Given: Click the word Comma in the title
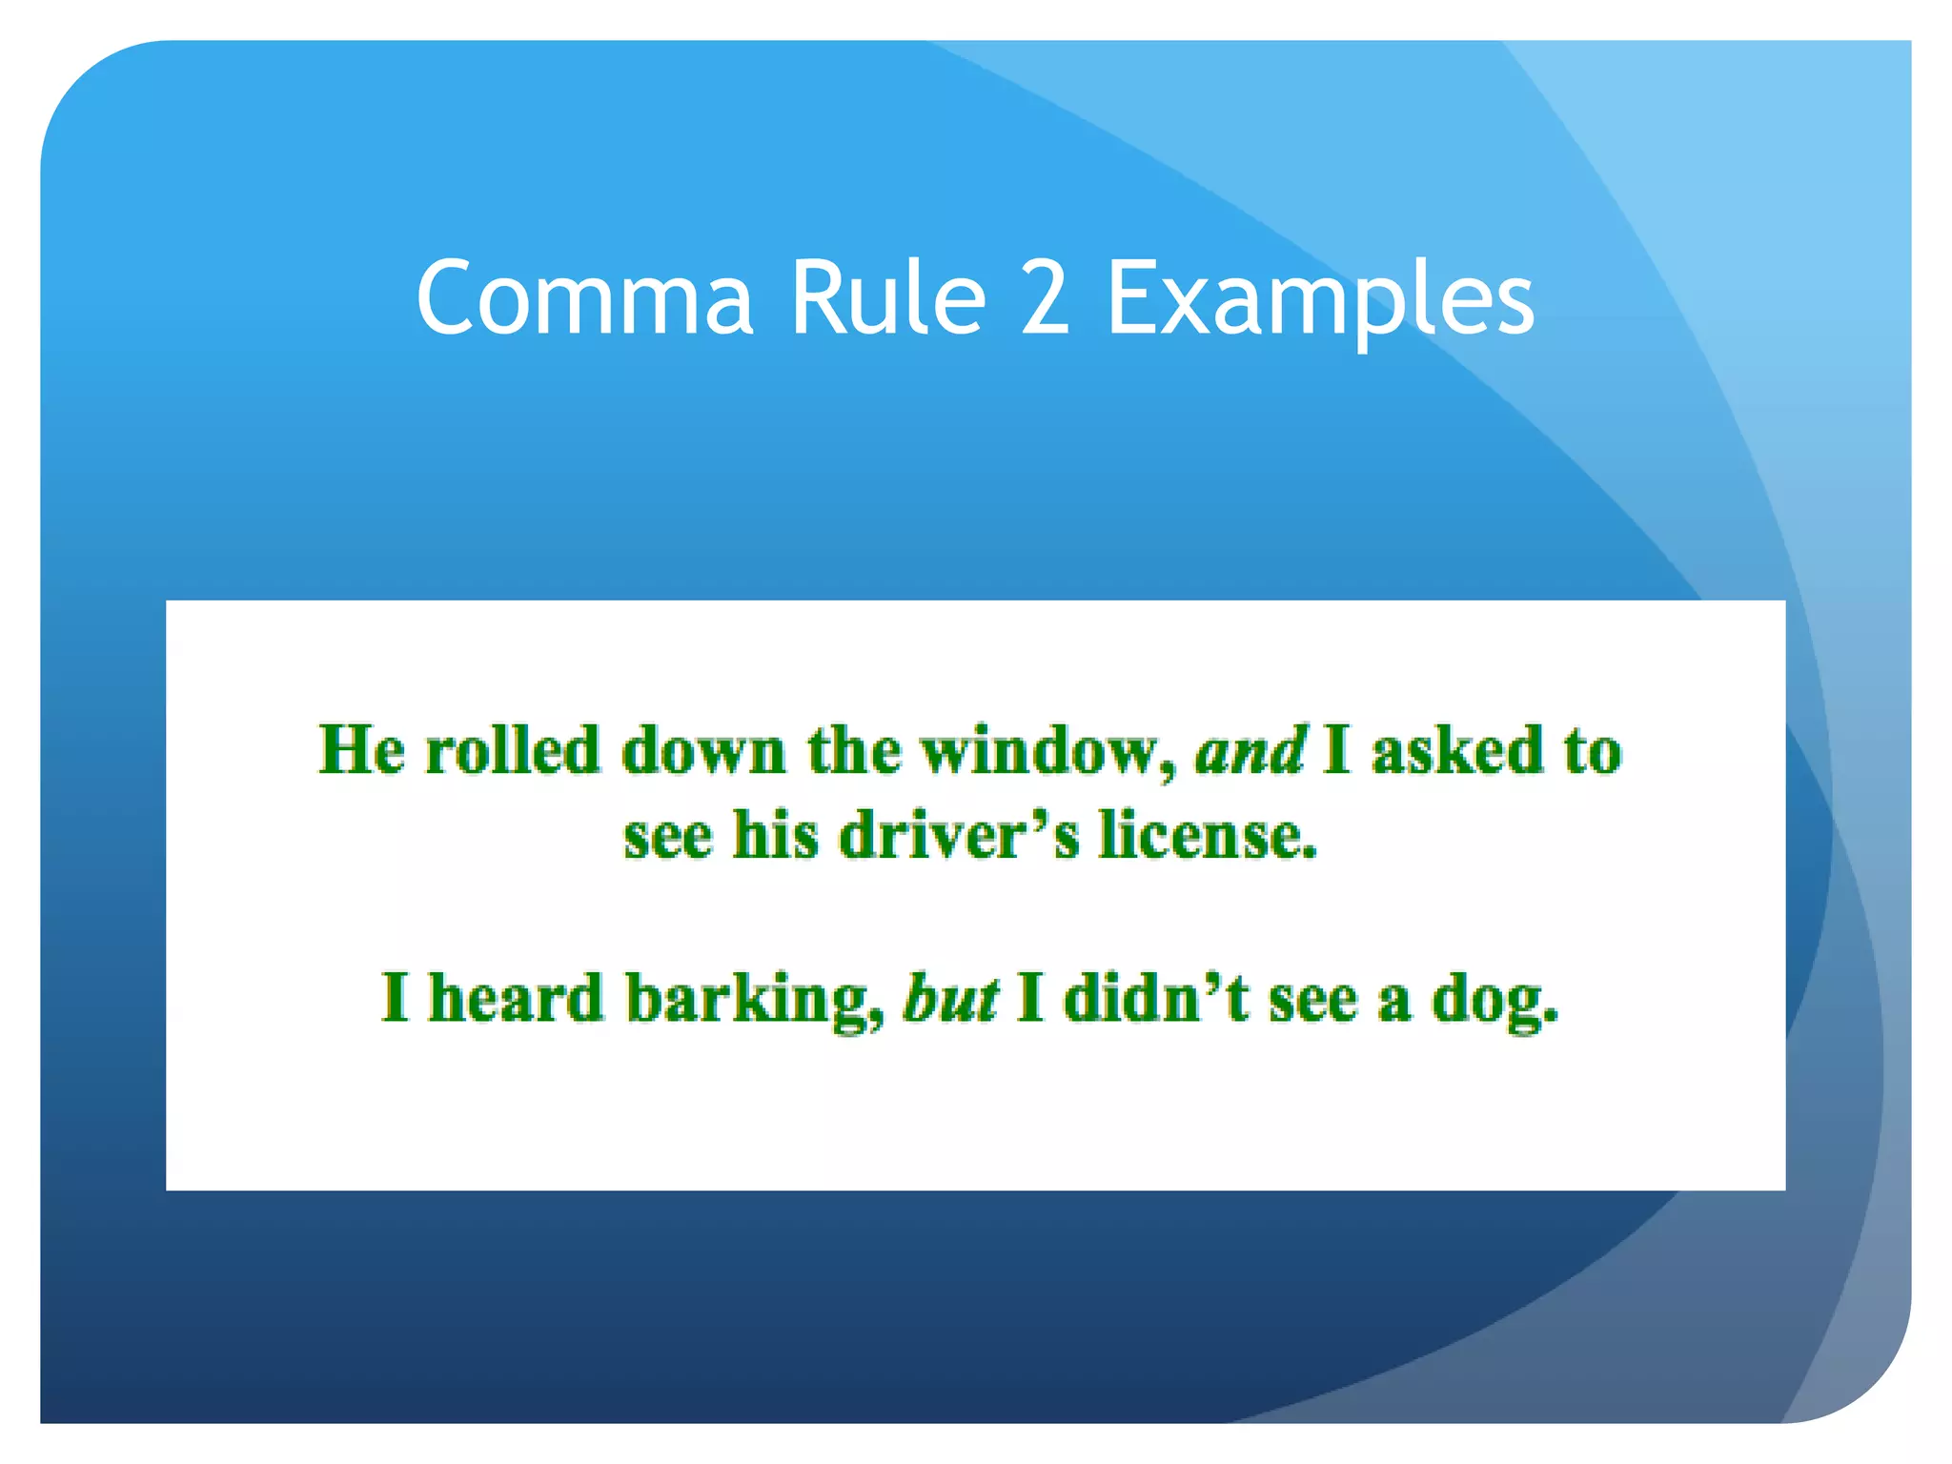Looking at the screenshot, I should (584, 299).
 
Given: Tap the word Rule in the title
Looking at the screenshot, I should (888, 299).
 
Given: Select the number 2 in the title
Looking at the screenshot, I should (1046, 299).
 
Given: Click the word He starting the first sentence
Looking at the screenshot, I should (361, 750).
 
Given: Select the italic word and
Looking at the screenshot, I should (1250, 750).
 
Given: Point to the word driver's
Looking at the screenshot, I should (959, 836).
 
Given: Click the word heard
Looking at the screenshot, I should (516, 999).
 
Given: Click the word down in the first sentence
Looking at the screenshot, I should (704, 750).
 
